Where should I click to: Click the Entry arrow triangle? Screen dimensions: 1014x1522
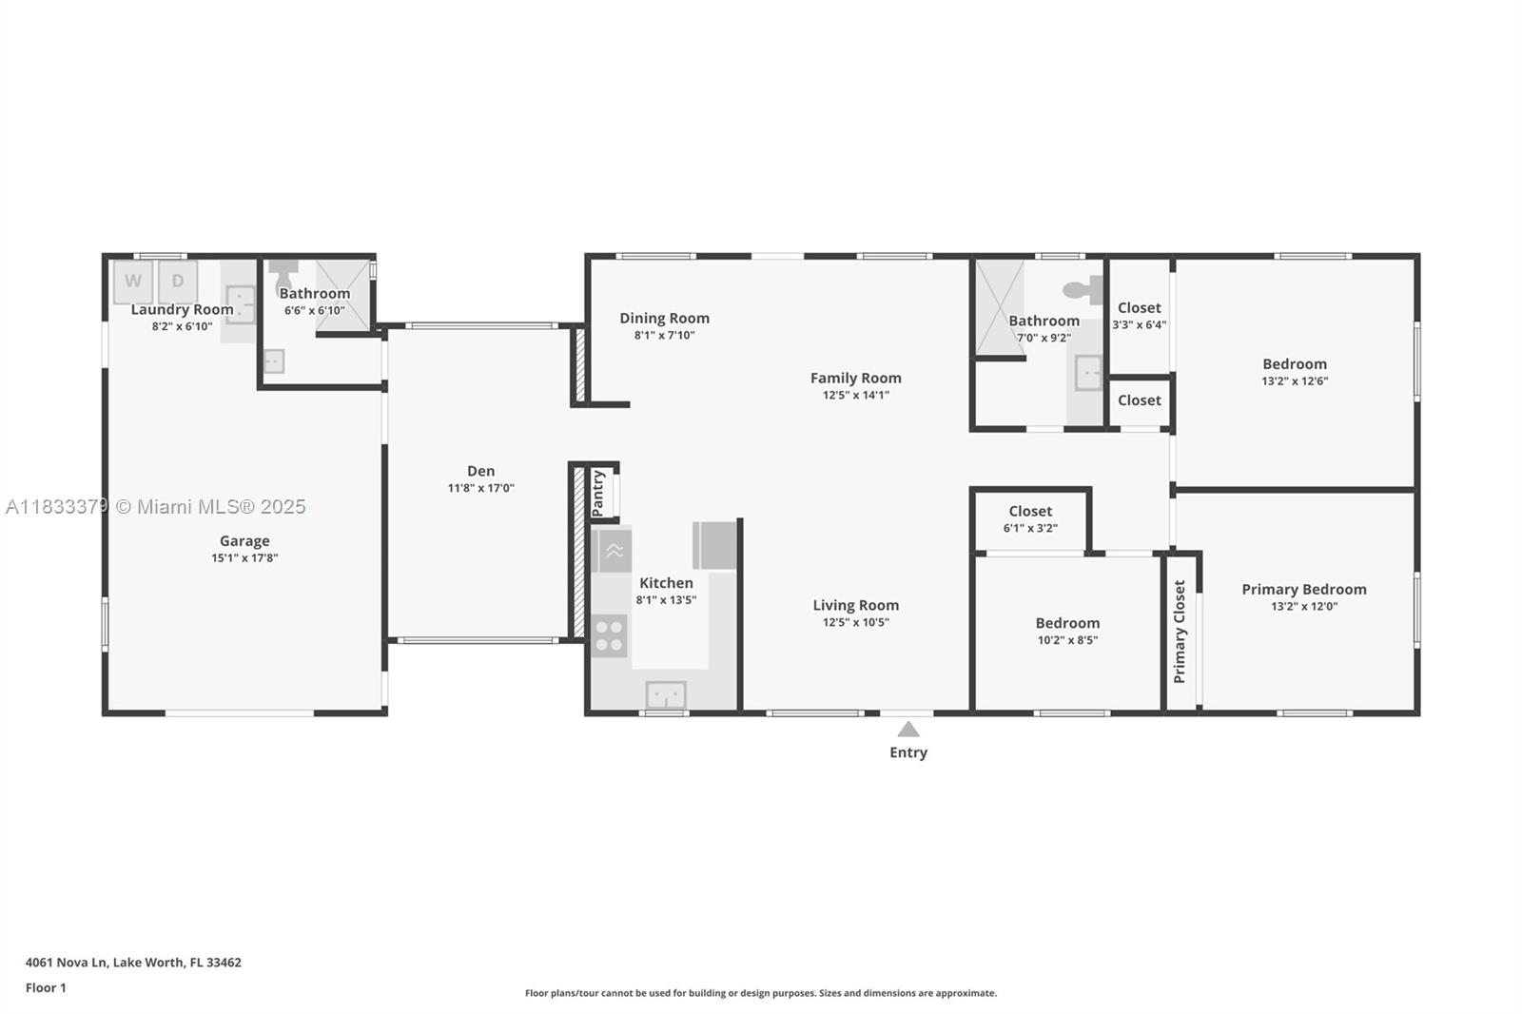(908, 730)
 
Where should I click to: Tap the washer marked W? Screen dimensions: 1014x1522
(133, 282)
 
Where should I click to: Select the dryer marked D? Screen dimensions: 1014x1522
(178, 282)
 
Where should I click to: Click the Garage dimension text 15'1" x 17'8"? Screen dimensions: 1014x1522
(244, 558)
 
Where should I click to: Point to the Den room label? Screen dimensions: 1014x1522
(480, 471)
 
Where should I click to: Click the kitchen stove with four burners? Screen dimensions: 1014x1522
(609, 636)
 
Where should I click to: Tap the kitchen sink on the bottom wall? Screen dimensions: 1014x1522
(666, 695)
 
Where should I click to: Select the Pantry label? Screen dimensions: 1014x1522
(598, 493)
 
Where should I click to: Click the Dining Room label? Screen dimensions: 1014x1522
(664, 319)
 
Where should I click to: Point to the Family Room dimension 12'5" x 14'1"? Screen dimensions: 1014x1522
(856, 395)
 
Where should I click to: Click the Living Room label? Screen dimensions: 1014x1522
(855, 605)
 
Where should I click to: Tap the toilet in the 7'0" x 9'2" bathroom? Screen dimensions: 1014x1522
(1083, 289)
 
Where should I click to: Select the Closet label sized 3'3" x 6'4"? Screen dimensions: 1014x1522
(1139, 308)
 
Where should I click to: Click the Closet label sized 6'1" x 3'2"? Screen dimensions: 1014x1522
(1030, 512)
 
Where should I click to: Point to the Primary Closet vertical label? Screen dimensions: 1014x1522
(1180, 632)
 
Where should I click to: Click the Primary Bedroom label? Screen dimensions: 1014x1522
(1303, 590)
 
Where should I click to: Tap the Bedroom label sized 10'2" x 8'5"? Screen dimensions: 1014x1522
(1067, 624)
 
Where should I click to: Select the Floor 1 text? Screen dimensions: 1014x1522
(46, 988)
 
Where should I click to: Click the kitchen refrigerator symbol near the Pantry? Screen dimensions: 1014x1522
(714, 545)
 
